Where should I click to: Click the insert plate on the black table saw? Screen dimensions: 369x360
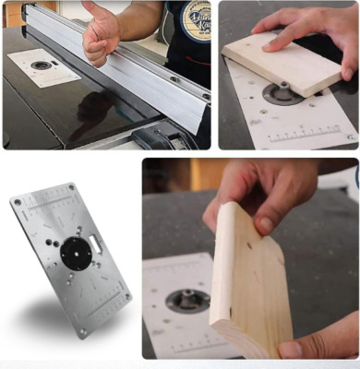tap(43, 66)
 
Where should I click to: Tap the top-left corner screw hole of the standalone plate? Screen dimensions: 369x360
tap(17, 201)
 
